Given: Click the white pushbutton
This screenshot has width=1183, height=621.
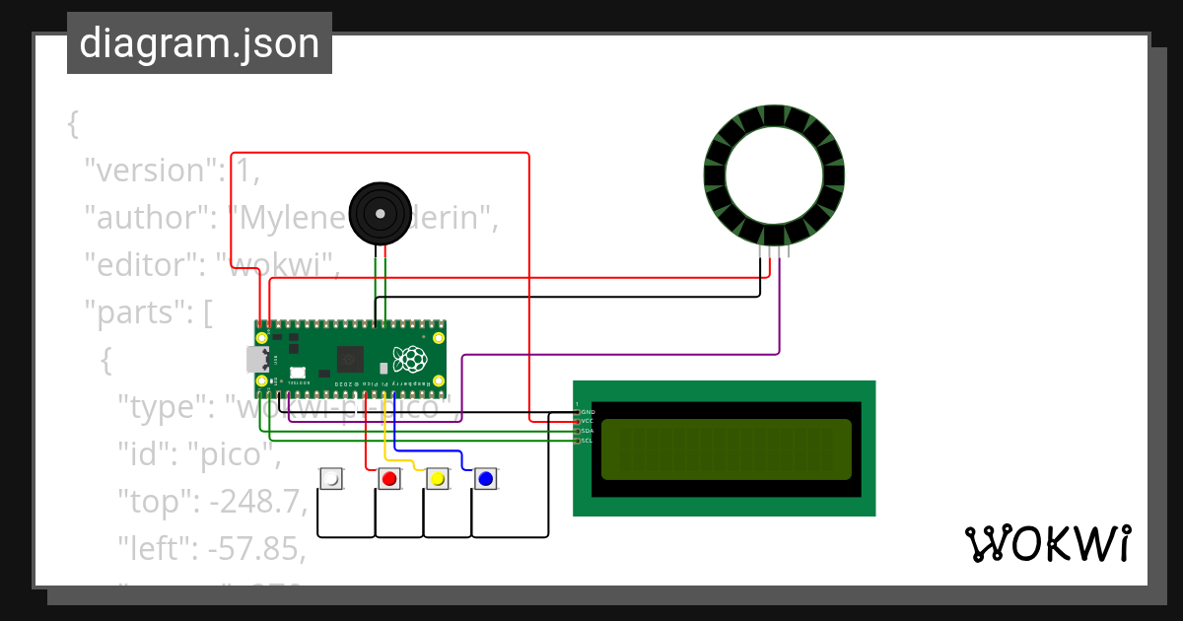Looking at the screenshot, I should coord(332,479).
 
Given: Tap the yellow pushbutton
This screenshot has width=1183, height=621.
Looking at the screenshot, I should coord(438,479).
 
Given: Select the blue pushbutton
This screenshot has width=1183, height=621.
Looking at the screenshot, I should coord(485,479).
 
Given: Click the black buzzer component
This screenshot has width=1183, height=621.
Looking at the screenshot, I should coord(380,213).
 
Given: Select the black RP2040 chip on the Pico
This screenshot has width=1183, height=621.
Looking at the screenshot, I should coord(349,359).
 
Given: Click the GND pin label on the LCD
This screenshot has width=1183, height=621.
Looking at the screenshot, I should coord(588,412).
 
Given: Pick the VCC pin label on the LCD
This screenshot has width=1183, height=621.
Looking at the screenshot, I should coord(588,421).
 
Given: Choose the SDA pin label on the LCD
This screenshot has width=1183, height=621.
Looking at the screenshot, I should coord(588,431).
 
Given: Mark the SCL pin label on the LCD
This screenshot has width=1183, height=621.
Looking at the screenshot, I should coord(588,441).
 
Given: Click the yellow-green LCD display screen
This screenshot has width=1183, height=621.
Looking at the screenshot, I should coord(726,449).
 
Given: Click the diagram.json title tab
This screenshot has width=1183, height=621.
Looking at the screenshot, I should coord(199,43).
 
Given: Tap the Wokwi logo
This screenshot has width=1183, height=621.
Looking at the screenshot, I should coord(1047,543).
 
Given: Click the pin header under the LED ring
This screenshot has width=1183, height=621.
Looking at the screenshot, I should coord(774,252).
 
